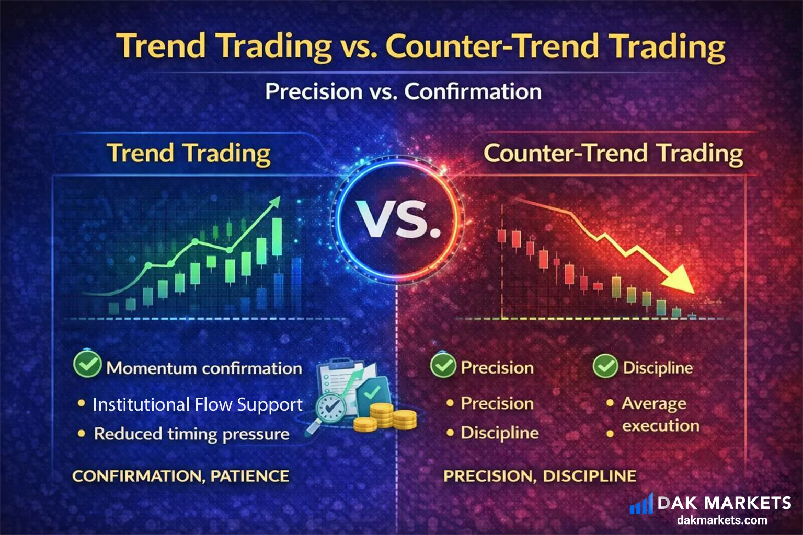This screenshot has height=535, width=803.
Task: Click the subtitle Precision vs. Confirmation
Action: pyautogui.click(x=403, y=91)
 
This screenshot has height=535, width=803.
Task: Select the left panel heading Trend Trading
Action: pyautogui.click(x=189, y=154)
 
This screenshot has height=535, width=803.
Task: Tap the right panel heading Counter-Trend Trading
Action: pyautogui.click(x=613, y=154)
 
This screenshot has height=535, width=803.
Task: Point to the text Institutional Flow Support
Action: pyautogui.click(x=197, y=404)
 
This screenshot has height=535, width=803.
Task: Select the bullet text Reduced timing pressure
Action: pyautogui.click(x=191, y=434)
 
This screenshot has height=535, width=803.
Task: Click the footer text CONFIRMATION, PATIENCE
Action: pyautogui.click(x=180, y=476)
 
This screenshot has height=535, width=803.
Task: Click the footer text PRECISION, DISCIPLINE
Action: pyautogui.click(x=540, y=476)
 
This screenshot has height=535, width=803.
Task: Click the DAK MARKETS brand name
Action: pyautogui.click(x=724, y=503)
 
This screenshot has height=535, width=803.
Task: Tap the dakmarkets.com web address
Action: pyautogui.click(x=722, y=520)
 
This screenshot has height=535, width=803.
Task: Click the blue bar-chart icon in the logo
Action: pyautogui.click(x=641, y=505)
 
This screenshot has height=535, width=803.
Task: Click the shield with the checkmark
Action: pyautogui.click(x=372, y=392)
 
